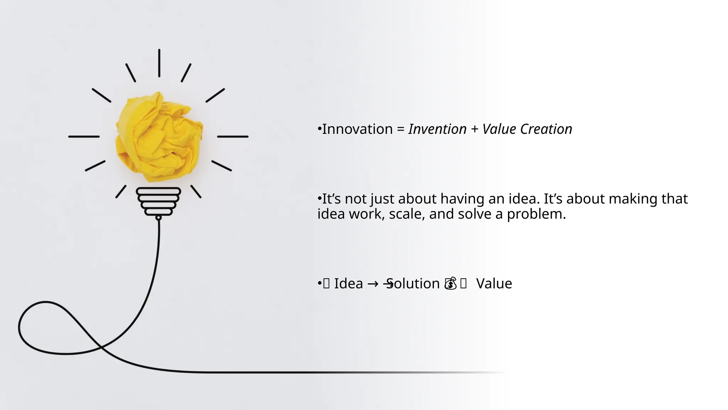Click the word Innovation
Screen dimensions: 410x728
(357, 129)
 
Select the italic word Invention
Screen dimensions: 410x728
(437, 129)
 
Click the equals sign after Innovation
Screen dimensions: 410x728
(401, 130)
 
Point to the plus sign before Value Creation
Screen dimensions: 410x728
(474, 130)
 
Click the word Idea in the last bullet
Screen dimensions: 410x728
(348, 284)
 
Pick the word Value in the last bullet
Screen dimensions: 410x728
(494, 284)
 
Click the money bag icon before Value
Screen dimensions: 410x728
(451, 284)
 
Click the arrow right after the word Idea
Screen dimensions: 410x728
(373, 284)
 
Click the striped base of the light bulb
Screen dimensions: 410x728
(159, 201)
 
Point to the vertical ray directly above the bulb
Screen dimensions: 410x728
(159, 63)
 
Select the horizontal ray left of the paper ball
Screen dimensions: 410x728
(84, 136)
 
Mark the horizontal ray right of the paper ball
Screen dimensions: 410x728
(232, 136)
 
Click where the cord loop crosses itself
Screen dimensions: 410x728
(100, 346)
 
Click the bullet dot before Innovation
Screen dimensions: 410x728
(319, 129)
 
